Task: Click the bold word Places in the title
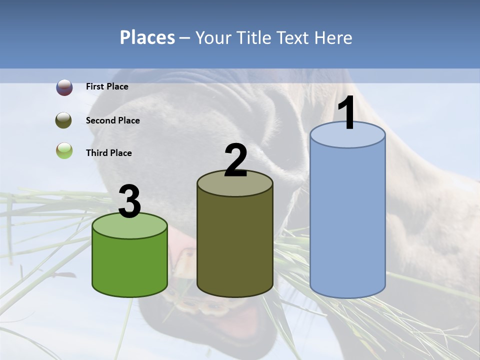coord(147,37)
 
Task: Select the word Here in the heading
coord(333,37)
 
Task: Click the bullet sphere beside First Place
coord(64,87)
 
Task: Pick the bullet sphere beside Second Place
coord(64,120)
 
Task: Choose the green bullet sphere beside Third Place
coord(64,150)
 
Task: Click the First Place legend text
coord(107,86)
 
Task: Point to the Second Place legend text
coord(112,120)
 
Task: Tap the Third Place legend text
coord(108,153)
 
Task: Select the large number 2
coord(235,161)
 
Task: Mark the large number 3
coord(129,202)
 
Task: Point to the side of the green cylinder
coord(129,265)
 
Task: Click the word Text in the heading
coord(294,37)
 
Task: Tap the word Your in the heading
coord(213,37)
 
